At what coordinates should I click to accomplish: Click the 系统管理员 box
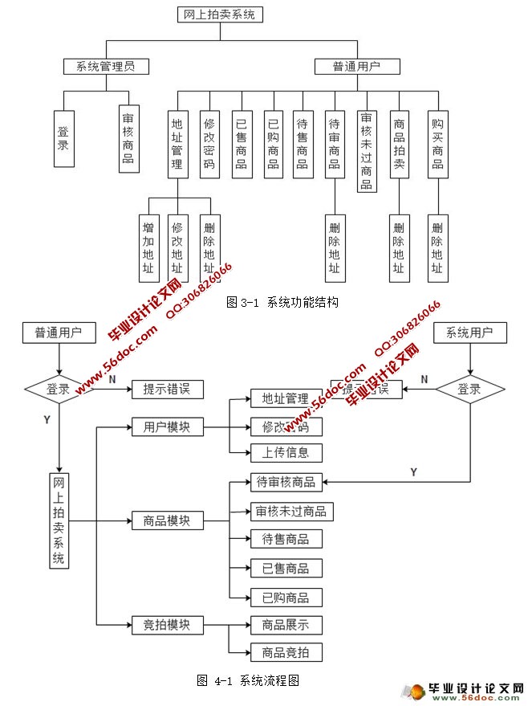click(106, 66)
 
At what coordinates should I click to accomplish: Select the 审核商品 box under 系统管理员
click(128, 138)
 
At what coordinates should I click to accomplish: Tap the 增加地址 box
click(148, 248)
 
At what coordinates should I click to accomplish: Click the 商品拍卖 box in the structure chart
click(399, 145)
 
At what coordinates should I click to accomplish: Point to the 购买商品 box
click(437, 145)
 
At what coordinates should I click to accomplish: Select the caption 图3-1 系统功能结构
click(282, 303)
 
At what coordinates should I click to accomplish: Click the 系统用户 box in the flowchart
click(470, 333)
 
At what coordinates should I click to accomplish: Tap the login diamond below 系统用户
click(470, 390)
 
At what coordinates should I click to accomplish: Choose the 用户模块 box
click(167, 426)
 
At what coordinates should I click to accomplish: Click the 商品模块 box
click(167, 520)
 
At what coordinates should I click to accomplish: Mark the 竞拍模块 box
click(167, 624)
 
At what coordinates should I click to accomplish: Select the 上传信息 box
click(286, 452)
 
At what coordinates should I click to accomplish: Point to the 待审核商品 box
click(286, 482)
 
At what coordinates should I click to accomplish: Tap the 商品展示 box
click(286, 624)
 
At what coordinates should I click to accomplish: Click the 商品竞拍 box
click(286, 651)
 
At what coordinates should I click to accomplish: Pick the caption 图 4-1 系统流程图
click(248, 680)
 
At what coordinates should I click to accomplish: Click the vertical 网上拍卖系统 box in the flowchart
click(59, 520)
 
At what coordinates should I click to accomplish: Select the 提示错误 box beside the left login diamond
click(167, 390)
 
